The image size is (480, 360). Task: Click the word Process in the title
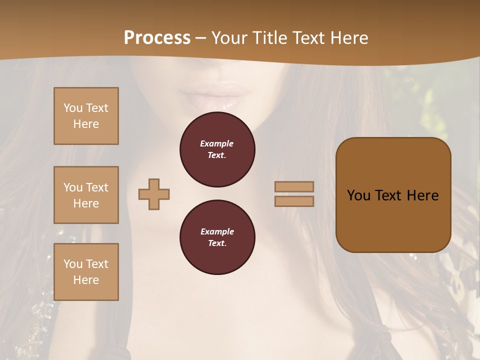point(157,38)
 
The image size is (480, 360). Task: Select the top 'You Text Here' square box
point(86,116)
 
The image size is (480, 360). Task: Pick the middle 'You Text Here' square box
point(86,195)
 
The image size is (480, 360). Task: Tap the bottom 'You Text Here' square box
point(86,272)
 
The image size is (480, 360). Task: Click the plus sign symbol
point(154,194)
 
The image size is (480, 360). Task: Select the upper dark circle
point(217,149)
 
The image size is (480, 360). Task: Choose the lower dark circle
point(217,237)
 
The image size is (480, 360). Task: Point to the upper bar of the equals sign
point(294,186)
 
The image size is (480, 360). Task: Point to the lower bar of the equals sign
point(294,201)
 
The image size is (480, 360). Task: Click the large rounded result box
point(393,194)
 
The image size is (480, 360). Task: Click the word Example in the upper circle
point(217,143)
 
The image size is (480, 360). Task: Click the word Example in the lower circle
point(217,231)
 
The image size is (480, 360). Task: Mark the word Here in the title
point(350,38)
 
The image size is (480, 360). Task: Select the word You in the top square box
point(73,108)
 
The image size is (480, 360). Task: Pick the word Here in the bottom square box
point(86,280)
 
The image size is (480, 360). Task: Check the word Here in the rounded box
point(423,195)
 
